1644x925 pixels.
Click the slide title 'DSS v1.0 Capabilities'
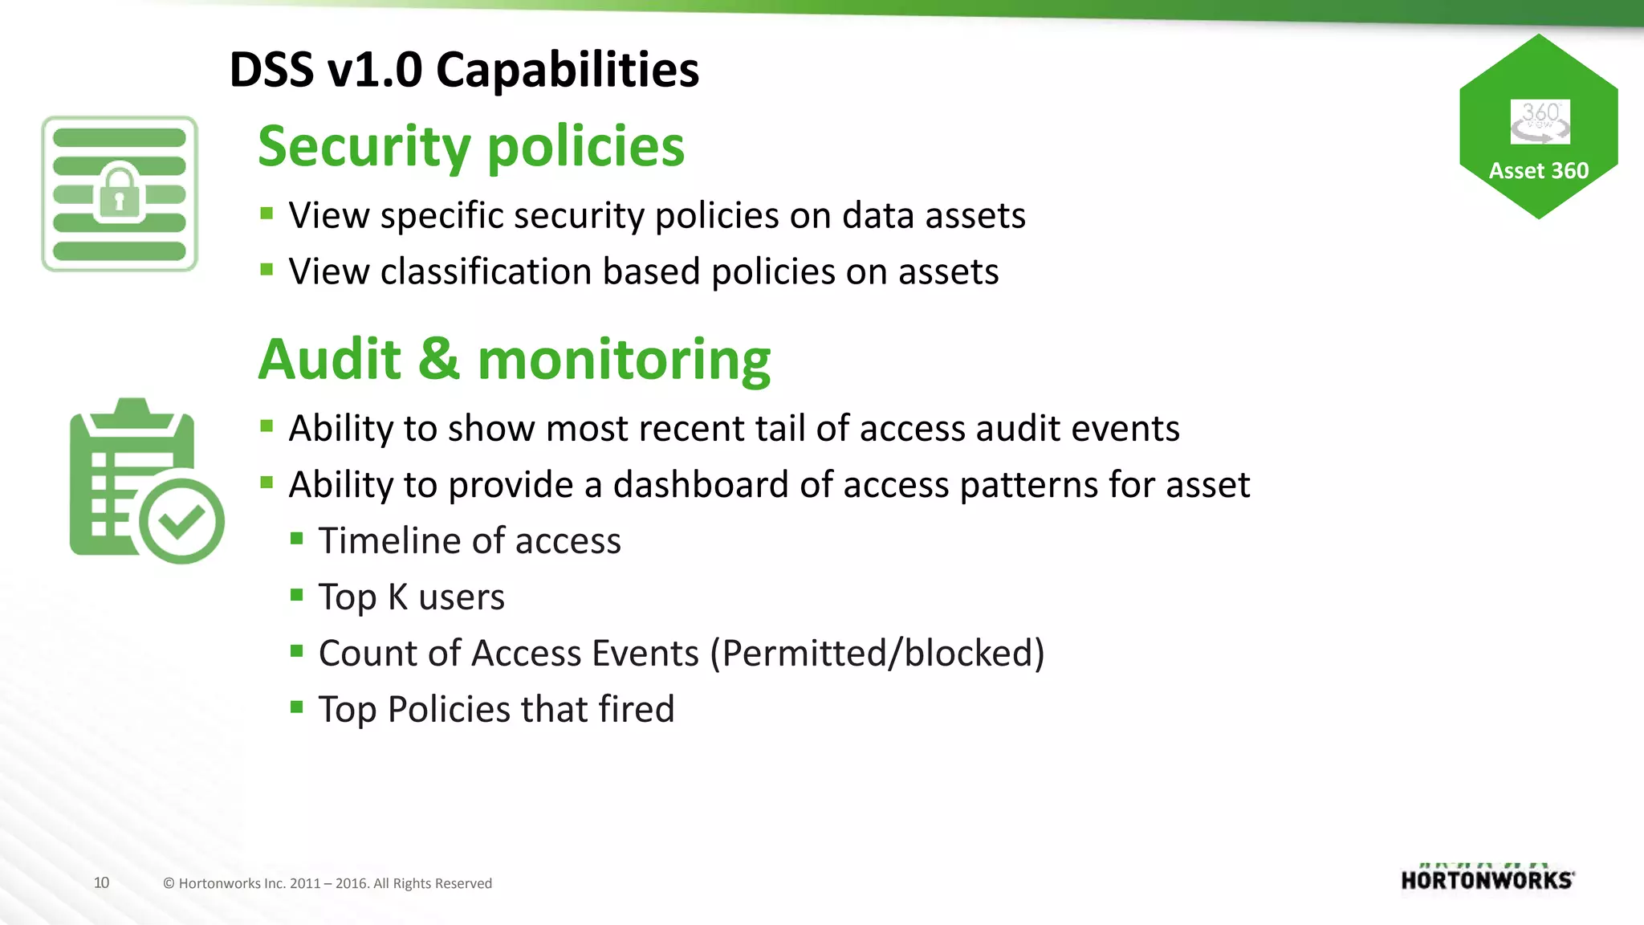tap(464, 70)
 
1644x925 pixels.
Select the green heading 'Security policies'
tap(471, 147)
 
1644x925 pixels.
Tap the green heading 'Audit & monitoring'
tap(514, 359)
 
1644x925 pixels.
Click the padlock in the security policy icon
tap(119, 193)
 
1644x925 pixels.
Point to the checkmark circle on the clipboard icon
tap(181, 522)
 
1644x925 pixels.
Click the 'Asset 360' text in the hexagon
tap(1538, 171)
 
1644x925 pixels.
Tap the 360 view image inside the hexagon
tap(1540, 122)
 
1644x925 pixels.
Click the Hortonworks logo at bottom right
tap(1487, 879)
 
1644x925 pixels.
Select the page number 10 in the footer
tap(101, 882)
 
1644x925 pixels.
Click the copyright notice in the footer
tap(328, 883)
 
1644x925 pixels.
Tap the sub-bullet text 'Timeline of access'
tap(470, 541)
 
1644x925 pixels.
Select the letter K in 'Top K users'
tap(397, 597)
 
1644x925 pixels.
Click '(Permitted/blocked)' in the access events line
tap(877, 654)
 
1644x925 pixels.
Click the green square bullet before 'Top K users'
tap(297, 595)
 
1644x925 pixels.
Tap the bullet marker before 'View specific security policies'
tap(267, 214)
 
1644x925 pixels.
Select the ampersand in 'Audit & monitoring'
tap(439, 359)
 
